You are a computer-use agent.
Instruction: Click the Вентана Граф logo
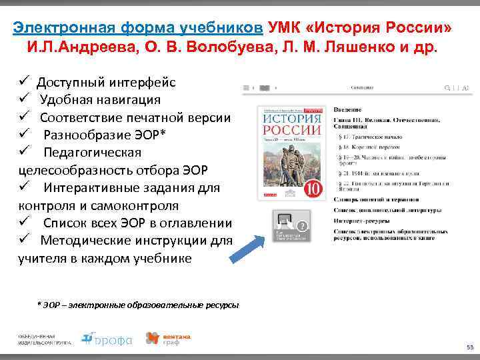tap(168, 339)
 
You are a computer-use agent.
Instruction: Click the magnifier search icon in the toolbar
tap(447, 88)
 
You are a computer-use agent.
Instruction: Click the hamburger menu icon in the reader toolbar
tap(247, 88)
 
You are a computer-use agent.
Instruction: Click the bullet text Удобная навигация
tap(99, 100)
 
